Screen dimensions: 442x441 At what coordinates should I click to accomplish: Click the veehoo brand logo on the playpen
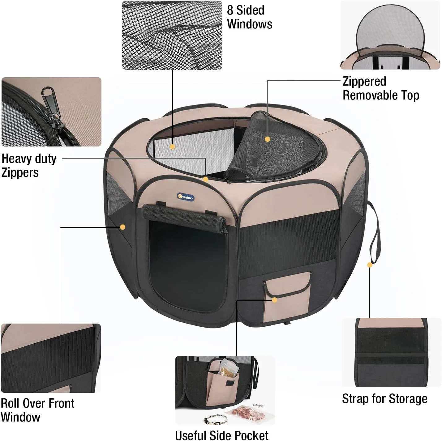click(185, 197)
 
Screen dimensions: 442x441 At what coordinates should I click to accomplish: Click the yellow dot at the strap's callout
click(370, 265)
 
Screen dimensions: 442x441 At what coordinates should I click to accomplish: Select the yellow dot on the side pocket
click(275, 300)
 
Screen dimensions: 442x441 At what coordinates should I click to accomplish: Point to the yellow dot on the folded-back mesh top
click(267, 139)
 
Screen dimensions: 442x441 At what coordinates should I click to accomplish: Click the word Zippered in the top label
click(364, 81)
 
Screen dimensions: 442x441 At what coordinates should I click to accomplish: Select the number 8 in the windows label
click(230, 10)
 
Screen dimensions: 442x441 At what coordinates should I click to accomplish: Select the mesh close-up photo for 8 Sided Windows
click(172, 35)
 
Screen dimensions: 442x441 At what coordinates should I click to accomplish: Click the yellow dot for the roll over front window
click(122, 227)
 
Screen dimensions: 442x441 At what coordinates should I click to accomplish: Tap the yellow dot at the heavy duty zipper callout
click(205, 179)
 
